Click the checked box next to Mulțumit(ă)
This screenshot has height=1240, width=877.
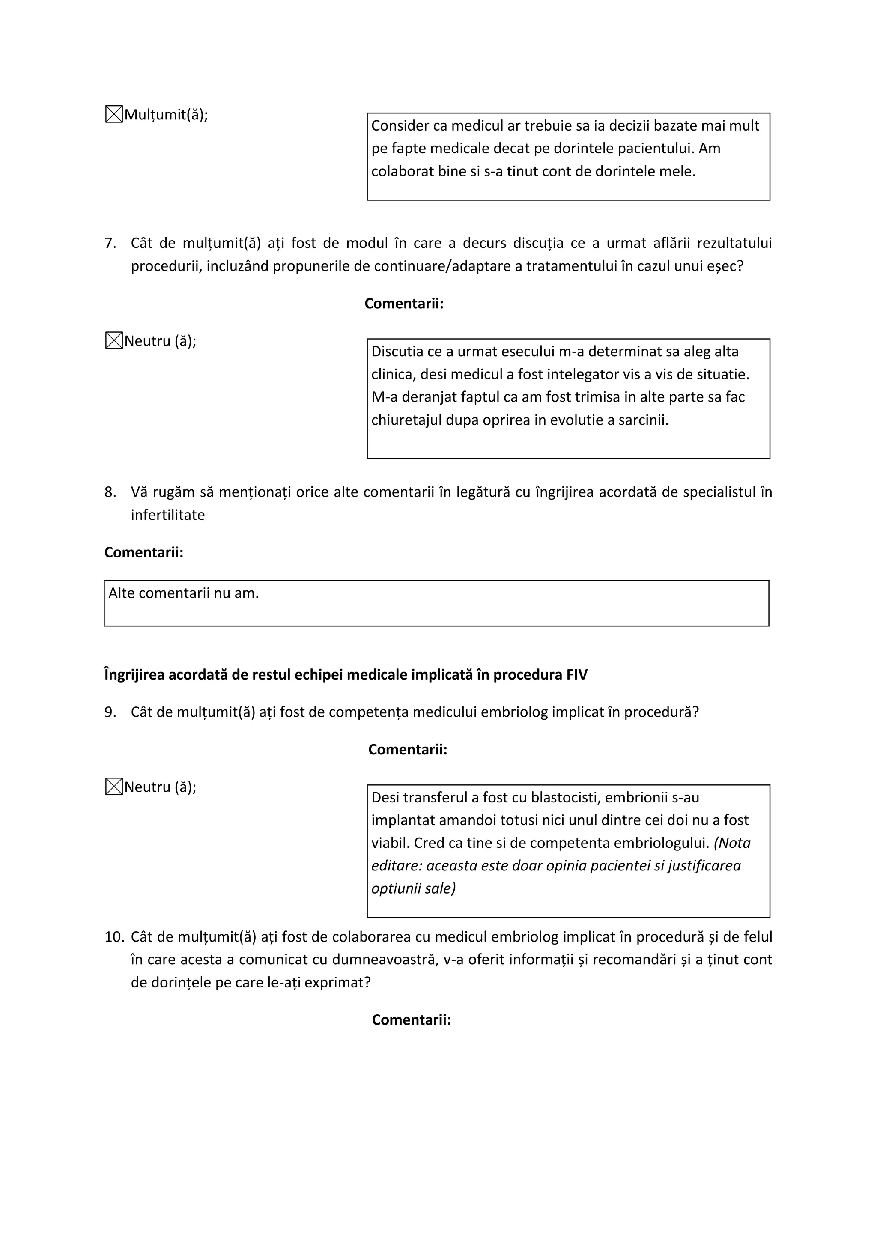coord(113,114)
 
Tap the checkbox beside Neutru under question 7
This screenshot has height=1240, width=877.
coord(113,341)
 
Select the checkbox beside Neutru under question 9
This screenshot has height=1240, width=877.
coord(113,787)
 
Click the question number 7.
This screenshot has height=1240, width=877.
coord(110,243)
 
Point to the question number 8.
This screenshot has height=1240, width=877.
coord(110,492)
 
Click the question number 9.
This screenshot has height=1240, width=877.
coord(110,712)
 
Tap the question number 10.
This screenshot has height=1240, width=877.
coord(114,937)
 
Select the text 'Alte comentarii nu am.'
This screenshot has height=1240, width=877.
coord(184,593)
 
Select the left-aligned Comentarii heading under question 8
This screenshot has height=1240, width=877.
coord(143,552)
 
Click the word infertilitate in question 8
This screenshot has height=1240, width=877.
coord(167,515)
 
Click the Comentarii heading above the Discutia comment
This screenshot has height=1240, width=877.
coord(404,304)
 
